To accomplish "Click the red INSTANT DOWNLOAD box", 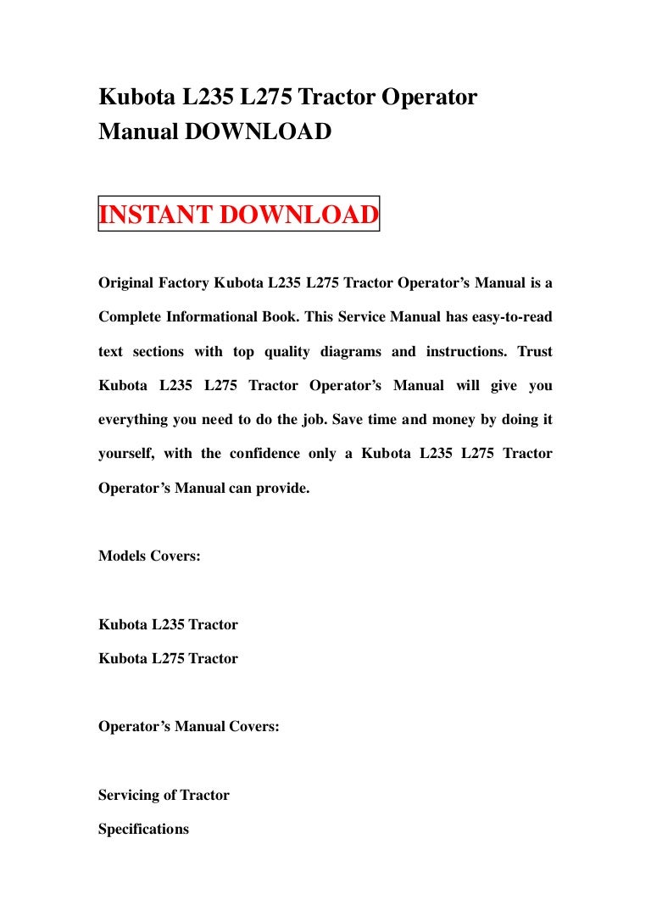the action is pos(239,215).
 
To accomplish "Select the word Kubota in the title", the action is pos(137,98).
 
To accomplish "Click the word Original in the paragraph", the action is pos(126,282).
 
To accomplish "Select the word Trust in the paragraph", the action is pos(534,351).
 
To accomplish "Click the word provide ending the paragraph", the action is pos(282,489).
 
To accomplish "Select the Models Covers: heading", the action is pos(149,557).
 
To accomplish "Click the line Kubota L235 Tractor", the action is pos(168,625).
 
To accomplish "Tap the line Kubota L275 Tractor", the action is pos(168,659).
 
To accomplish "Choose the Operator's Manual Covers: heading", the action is pos(188,727).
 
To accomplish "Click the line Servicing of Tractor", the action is pos(164,796).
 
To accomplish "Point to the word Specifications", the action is pos(143,830).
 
